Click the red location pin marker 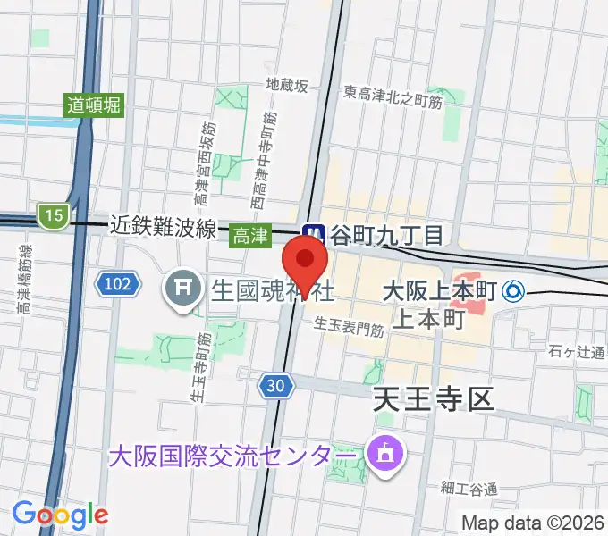(304, 264)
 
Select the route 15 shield (53, 214)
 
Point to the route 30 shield (276, 386)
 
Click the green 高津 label (249, 235)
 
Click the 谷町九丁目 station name (387, 235)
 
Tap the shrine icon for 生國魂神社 (183, 290)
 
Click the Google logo (60, 514)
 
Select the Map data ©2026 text (533, 523)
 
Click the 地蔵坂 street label (287, 86)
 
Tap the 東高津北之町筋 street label (393, 92)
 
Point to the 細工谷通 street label (468, 488)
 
